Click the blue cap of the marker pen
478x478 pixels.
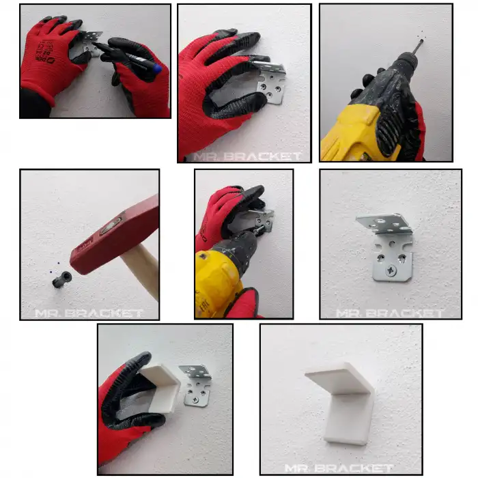pos(157,68)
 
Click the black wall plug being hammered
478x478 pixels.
pos(62,279)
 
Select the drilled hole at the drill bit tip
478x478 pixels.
pos(421,41)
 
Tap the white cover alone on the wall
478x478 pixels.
pos(340,402)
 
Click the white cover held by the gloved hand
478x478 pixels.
pos(160,387)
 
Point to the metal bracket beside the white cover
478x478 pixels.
pos(196,385)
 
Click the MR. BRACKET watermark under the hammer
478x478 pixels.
pos(89,313)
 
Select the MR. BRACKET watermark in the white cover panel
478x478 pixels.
pos(339,468)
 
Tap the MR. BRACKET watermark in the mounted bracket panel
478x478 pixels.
pos(390,313)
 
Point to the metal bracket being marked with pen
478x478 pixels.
pos(91,42)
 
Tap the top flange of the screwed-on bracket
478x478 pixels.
pos(384,224)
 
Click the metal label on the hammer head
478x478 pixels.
pos(111,225)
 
